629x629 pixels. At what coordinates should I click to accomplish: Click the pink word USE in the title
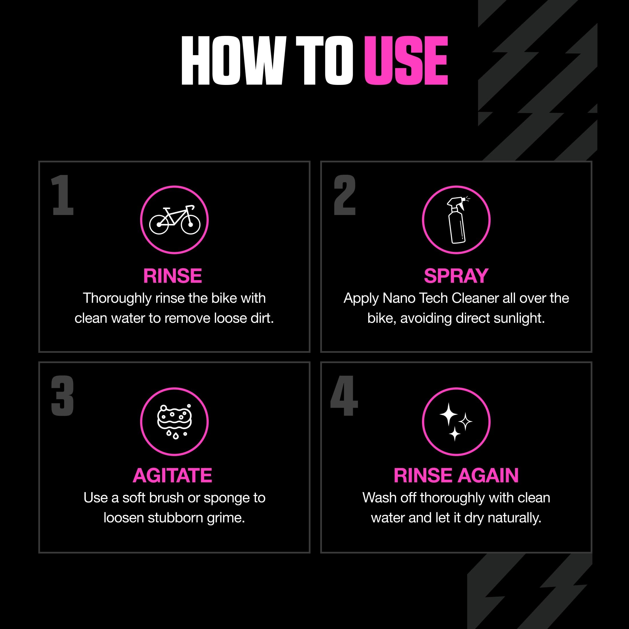pos(406,61)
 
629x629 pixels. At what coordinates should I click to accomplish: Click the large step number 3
pos(63,396)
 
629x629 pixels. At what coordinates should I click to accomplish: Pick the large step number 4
pos(344,396)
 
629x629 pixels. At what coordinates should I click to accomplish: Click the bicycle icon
pos(174,220)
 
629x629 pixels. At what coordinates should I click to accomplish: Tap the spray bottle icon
pos(456,220)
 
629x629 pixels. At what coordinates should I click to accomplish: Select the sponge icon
pos(174,422)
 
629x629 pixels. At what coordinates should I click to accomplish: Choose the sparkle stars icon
pos(456,422)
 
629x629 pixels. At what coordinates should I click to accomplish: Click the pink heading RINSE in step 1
pos(173,276)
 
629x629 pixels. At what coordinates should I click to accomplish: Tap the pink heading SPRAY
pos(456,276)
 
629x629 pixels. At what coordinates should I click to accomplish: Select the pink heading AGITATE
pos(173,475)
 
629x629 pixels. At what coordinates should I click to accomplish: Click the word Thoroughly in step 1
pos(117,298)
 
